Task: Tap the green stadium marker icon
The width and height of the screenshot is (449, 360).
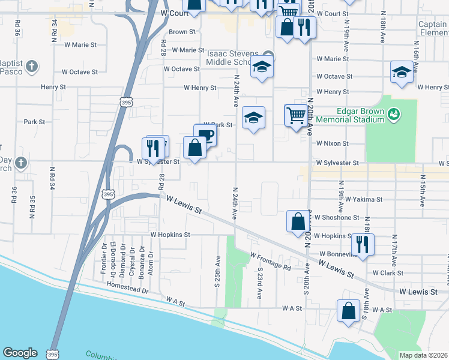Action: (394, 113)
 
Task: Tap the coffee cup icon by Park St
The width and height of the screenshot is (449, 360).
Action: (205, 134)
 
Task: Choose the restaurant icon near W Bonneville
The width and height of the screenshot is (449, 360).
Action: (363, 244)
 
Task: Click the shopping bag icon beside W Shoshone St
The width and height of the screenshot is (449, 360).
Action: (298, 221)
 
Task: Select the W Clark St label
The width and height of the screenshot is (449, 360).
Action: (387, 272)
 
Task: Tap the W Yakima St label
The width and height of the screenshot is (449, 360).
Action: (349, 199)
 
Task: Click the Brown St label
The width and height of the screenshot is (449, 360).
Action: (182, 32)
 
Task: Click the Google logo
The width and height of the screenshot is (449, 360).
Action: (20, 353)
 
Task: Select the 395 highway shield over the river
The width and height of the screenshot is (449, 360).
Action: (54, 354)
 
